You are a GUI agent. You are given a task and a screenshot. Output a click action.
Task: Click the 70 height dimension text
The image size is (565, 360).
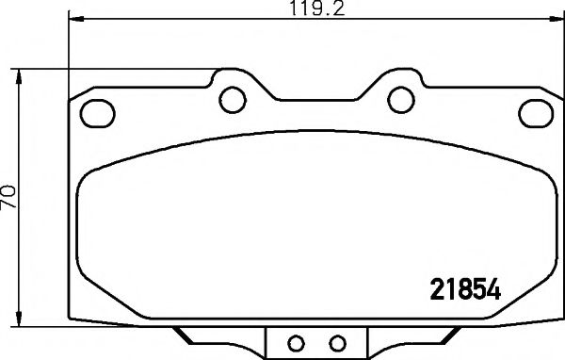[10, 196]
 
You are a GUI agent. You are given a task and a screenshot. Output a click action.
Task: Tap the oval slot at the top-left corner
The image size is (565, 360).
[95, 111]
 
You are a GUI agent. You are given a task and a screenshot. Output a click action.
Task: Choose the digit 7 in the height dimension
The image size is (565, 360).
[10, 204]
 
